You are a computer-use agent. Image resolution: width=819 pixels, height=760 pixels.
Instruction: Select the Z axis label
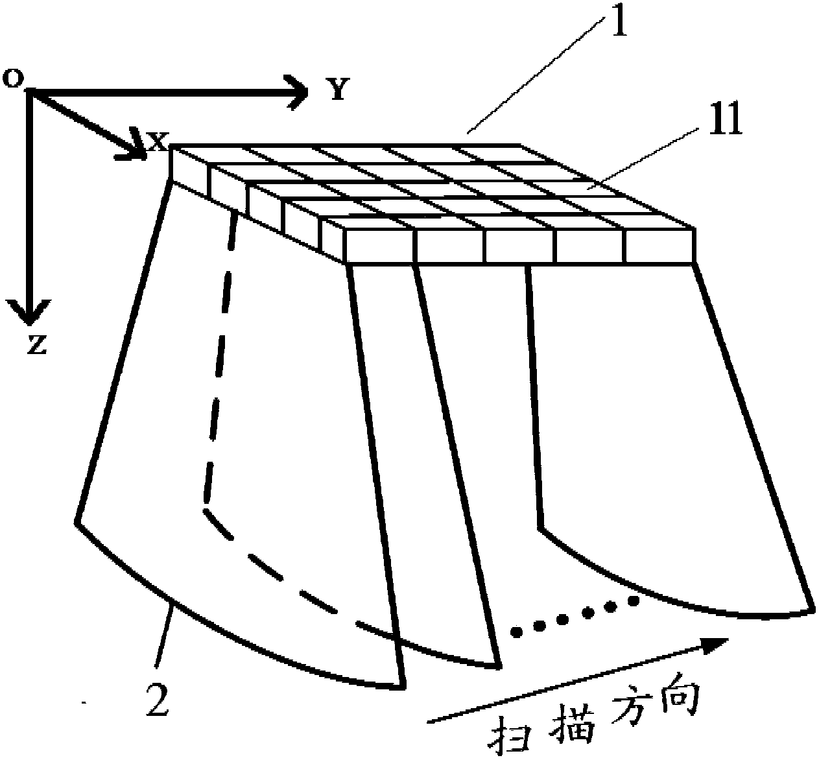point(36,346)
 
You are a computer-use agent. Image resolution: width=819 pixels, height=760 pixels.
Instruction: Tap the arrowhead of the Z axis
point(27,311)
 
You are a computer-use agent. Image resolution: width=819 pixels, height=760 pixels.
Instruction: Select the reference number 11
point(725,123)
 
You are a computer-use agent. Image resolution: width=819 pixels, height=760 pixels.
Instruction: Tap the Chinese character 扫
point(510,736)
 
